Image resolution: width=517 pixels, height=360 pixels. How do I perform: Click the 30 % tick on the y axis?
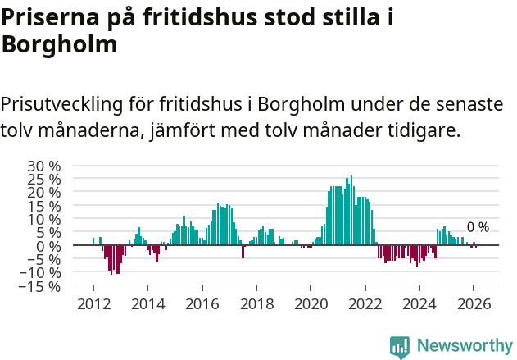coord(44,166)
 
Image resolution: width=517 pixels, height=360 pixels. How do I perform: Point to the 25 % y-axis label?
coord(44,179)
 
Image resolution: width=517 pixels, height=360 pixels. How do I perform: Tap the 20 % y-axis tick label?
coord(44,193)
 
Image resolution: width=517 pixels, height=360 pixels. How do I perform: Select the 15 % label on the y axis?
coord(44,206)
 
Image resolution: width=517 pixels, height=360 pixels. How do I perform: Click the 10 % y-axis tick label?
coord(44,219)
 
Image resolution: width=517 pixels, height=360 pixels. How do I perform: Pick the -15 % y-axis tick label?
coord(42,286)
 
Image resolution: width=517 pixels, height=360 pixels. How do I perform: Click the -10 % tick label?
coord(42,273)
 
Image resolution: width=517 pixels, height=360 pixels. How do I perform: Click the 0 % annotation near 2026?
coord(478,227)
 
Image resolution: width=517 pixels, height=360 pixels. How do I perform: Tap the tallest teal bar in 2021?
coord(351,210)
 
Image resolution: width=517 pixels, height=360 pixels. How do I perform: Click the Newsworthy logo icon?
coord(400,346)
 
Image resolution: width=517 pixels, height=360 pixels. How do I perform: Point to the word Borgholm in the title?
coord(59,46)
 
